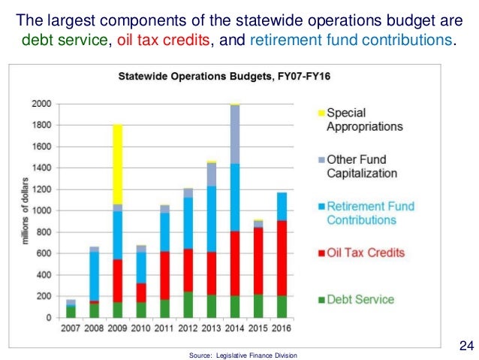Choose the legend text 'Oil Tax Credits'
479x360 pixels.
(365, 253)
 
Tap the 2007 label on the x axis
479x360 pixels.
(71, 328)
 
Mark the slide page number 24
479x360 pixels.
(465, 346)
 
